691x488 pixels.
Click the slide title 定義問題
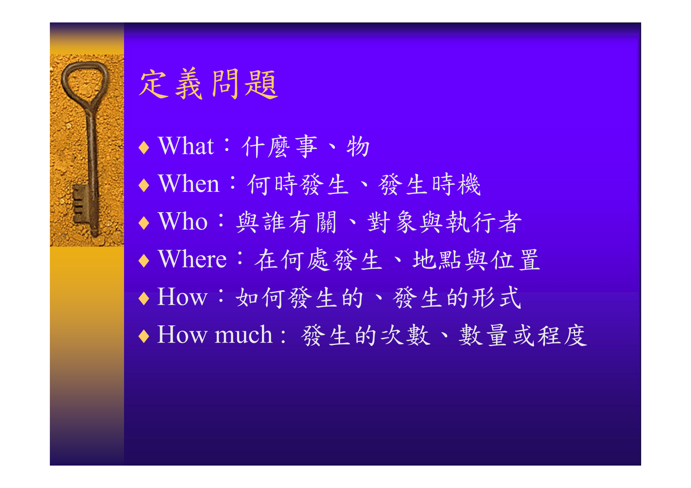208,84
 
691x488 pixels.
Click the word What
186,146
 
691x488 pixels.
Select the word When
189,184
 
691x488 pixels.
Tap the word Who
183,221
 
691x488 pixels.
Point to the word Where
192,259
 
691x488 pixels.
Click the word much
243,335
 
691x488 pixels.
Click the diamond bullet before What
144,148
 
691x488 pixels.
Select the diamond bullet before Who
144,223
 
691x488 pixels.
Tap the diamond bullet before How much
144,336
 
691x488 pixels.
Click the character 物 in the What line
358,147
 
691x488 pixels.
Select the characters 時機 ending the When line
456,184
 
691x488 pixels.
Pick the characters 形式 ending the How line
496,298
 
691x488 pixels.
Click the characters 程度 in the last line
562,335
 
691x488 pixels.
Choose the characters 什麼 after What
266,147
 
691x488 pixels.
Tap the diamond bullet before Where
144,261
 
